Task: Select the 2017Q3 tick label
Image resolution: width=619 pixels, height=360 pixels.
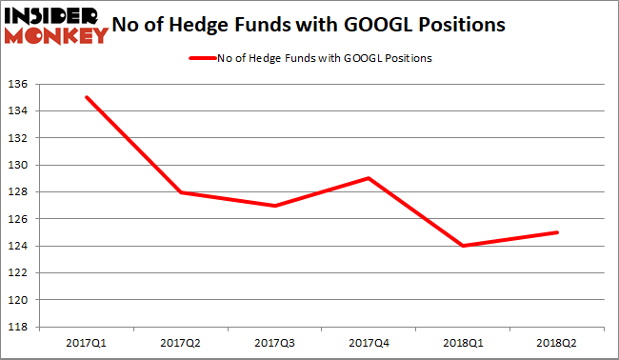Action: coord(276,340)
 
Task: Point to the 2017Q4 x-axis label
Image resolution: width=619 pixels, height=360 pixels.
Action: coord(369,340)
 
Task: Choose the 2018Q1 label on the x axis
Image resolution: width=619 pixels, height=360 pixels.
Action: coord(464,340)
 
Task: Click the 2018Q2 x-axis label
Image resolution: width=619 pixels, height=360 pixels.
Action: coord(557,340)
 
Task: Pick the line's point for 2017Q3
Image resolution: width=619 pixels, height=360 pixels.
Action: coord(276,206)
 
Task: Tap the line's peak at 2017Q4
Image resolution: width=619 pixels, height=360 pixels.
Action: coord(369,178)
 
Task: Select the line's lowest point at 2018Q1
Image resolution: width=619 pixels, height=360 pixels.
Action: coord(464,246)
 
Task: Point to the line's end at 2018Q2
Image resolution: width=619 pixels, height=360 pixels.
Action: coord(557,232)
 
